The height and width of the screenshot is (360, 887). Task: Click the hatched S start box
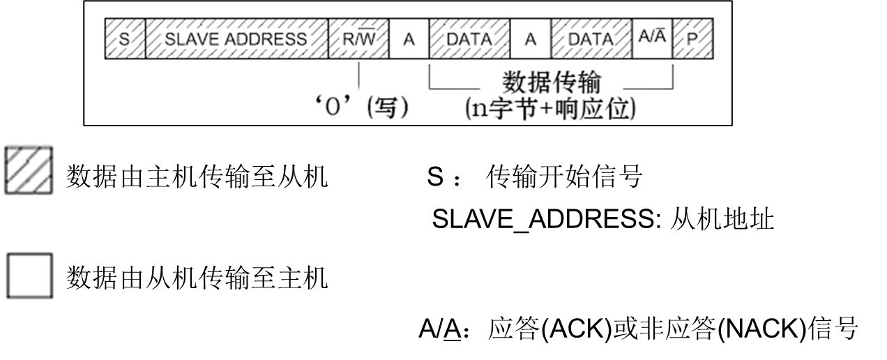coord(125,39)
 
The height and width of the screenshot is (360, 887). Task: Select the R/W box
coord(358,39)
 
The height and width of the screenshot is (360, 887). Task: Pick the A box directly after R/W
coord(409,39)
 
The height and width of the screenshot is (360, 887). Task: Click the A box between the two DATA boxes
coord(531,39)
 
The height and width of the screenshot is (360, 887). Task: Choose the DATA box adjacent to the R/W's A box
coord(469,39)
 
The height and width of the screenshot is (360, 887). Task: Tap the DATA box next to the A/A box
coord(591,39)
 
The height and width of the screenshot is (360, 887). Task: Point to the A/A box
coord(652,38)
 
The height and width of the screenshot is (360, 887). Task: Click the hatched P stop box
coord(692,39)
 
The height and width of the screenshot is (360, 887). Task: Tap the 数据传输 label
coord(552,82)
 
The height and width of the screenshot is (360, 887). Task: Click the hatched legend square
coord(29,170)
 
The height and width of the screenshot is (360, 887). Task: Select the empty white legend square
coord(29,276)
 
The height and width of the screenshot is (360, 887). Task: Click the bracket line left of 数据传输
coord(453,89)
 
